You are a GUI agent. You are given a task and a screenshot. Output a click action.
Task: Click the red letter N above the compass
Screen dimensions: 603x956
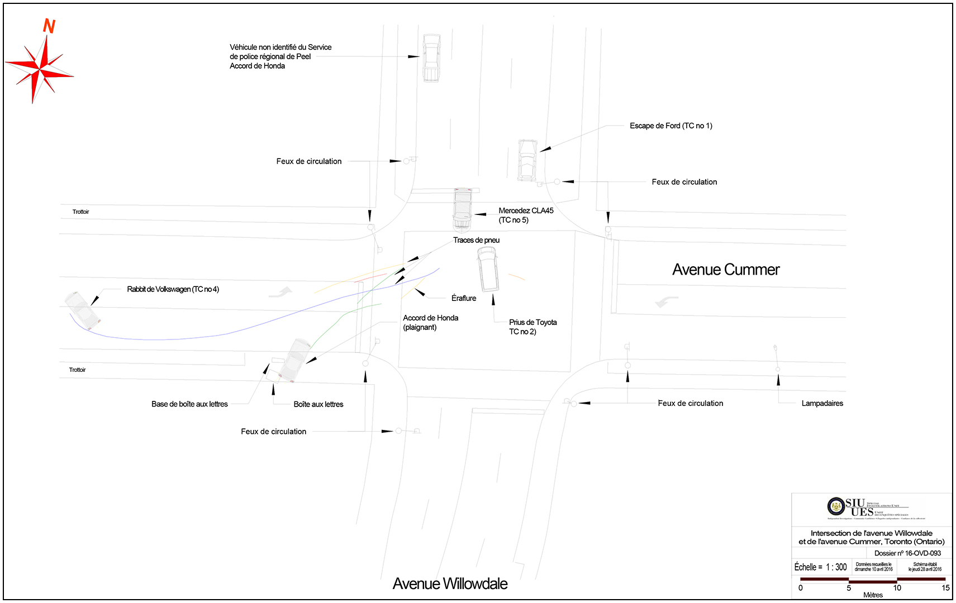click(x=49, y=26)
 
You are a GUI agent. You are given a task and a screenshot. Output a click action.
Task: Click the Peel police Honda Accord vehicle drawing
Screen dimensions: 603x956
click(x=431, y=58)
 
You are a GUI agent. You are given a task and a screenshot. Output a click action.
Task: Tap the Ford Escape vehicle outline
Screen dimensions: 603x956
click(x=527, y=160)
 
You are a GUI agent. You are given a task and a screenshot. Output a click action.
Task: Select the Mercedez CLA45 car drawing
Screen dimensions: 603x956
click(x=463, y=209)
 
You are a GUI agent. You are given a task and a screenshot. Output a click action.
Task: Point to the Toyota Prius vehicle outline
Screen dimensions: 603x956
click(x=488, y=270)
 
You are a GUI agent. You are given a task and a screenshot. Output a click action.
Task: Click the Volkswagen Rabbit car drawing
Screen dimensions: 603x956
click(x=83, y=310)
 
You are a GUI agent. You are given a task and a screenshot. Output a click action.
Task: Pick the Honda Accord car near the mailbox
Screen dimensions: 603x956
click(x=294, y=360)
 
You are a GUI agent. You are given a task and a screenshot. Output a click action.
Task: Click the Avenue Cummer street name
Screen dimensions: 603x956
click(x=725, y=270)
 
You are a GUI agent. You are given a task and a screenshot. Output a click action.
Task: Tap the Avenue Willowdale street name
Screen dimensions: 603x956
click(x=450, y=583)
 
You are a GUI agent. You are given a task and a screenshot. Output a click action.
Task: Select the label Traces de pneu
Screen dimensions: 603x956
click(x=476, y=240)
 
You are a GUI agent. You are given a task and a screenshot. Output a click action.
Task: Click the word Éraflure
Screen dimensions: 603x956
click(x=464, y=298)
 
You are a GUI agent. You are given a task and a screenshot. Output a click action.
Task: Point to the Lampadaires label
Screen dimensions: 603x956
click(x=822, y=403)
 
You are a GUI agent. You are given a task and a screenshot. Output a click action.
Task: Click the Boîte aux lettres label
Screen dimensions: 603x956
click(x=318, y=404)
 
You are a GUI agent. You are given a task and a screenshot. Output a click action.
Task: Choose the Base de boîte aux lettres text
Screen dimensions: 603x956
click(x=189, y=404)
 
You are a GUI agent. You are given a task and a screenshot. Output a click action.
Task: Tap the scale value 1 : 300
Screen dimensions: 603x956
click(x=836, y=567)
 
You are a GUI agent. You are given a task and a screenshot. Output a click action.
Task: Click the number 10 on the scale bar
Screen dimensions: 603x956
click(x=897, y=587)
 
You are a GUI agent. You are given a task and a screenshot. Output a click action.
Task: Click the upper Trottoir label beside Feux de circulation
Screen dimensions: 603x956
click(x=80, y=212)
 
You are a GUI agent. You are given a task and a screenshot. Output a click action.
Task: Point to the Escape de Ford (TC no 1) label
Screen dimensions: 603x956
click(x=670, y=126)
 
